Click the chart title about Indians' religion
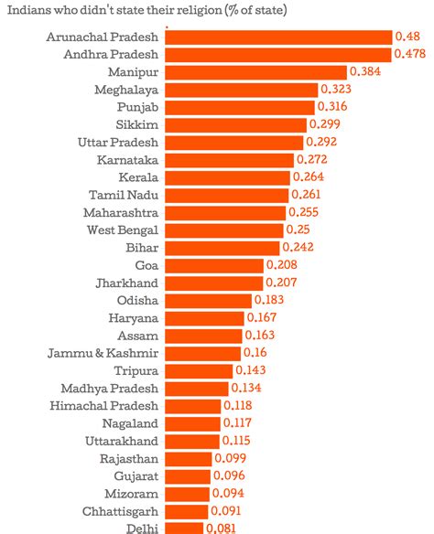(x=146, y=11)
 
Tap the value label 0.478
(x=409, y=54)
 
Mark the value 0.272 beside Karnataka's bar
(x=312, y=159)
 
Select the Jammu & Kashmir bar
(x=203, y=353)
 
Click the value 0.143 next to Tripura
(x=251, y=370)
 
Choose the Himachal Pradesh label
(x=104, y=405)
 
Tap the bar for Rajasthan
(x=189, y=458)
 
